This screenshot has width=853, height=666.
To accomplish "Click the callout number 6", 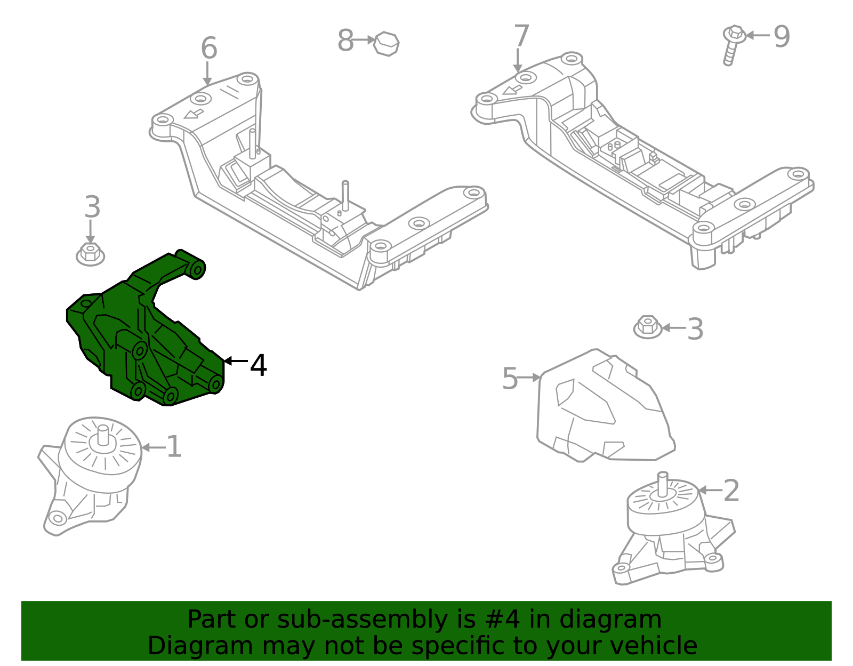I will tap(209, 49).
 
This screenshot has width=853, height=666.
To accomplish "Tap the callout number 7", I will tap(521, 37).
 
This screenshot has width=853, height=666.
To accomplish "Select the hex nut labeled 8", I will tap(386, 44).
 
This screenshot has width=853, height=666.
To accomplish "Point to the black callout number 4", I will tap(259, 366).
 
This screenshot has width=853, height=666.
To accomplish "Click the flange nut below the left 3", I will tap(90, 254).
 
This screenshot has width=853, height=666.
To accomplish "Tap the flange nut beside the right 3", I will tap(647, 327).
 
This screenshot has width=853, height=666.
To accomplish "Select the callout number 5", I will tap(510, 379).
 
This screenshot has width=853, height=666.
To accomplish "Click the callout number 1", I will tap(174, 447).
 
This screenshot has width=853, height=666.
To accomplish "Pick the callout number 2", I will tap(731, 491).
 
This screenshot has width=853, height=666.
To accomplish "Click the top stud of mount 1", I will tap(102, 435).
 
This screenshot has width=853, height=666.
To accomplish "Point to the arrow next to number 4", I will tap(235, 361).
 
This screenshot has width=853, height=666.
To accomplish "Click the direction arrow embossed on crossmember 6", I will tap(193, 114).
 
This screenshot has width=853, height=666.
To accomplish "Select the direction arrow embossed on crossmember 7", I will tap(512, 89).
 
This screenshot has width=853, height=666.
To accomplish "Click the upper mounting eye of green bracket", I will tap(197, 270).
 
